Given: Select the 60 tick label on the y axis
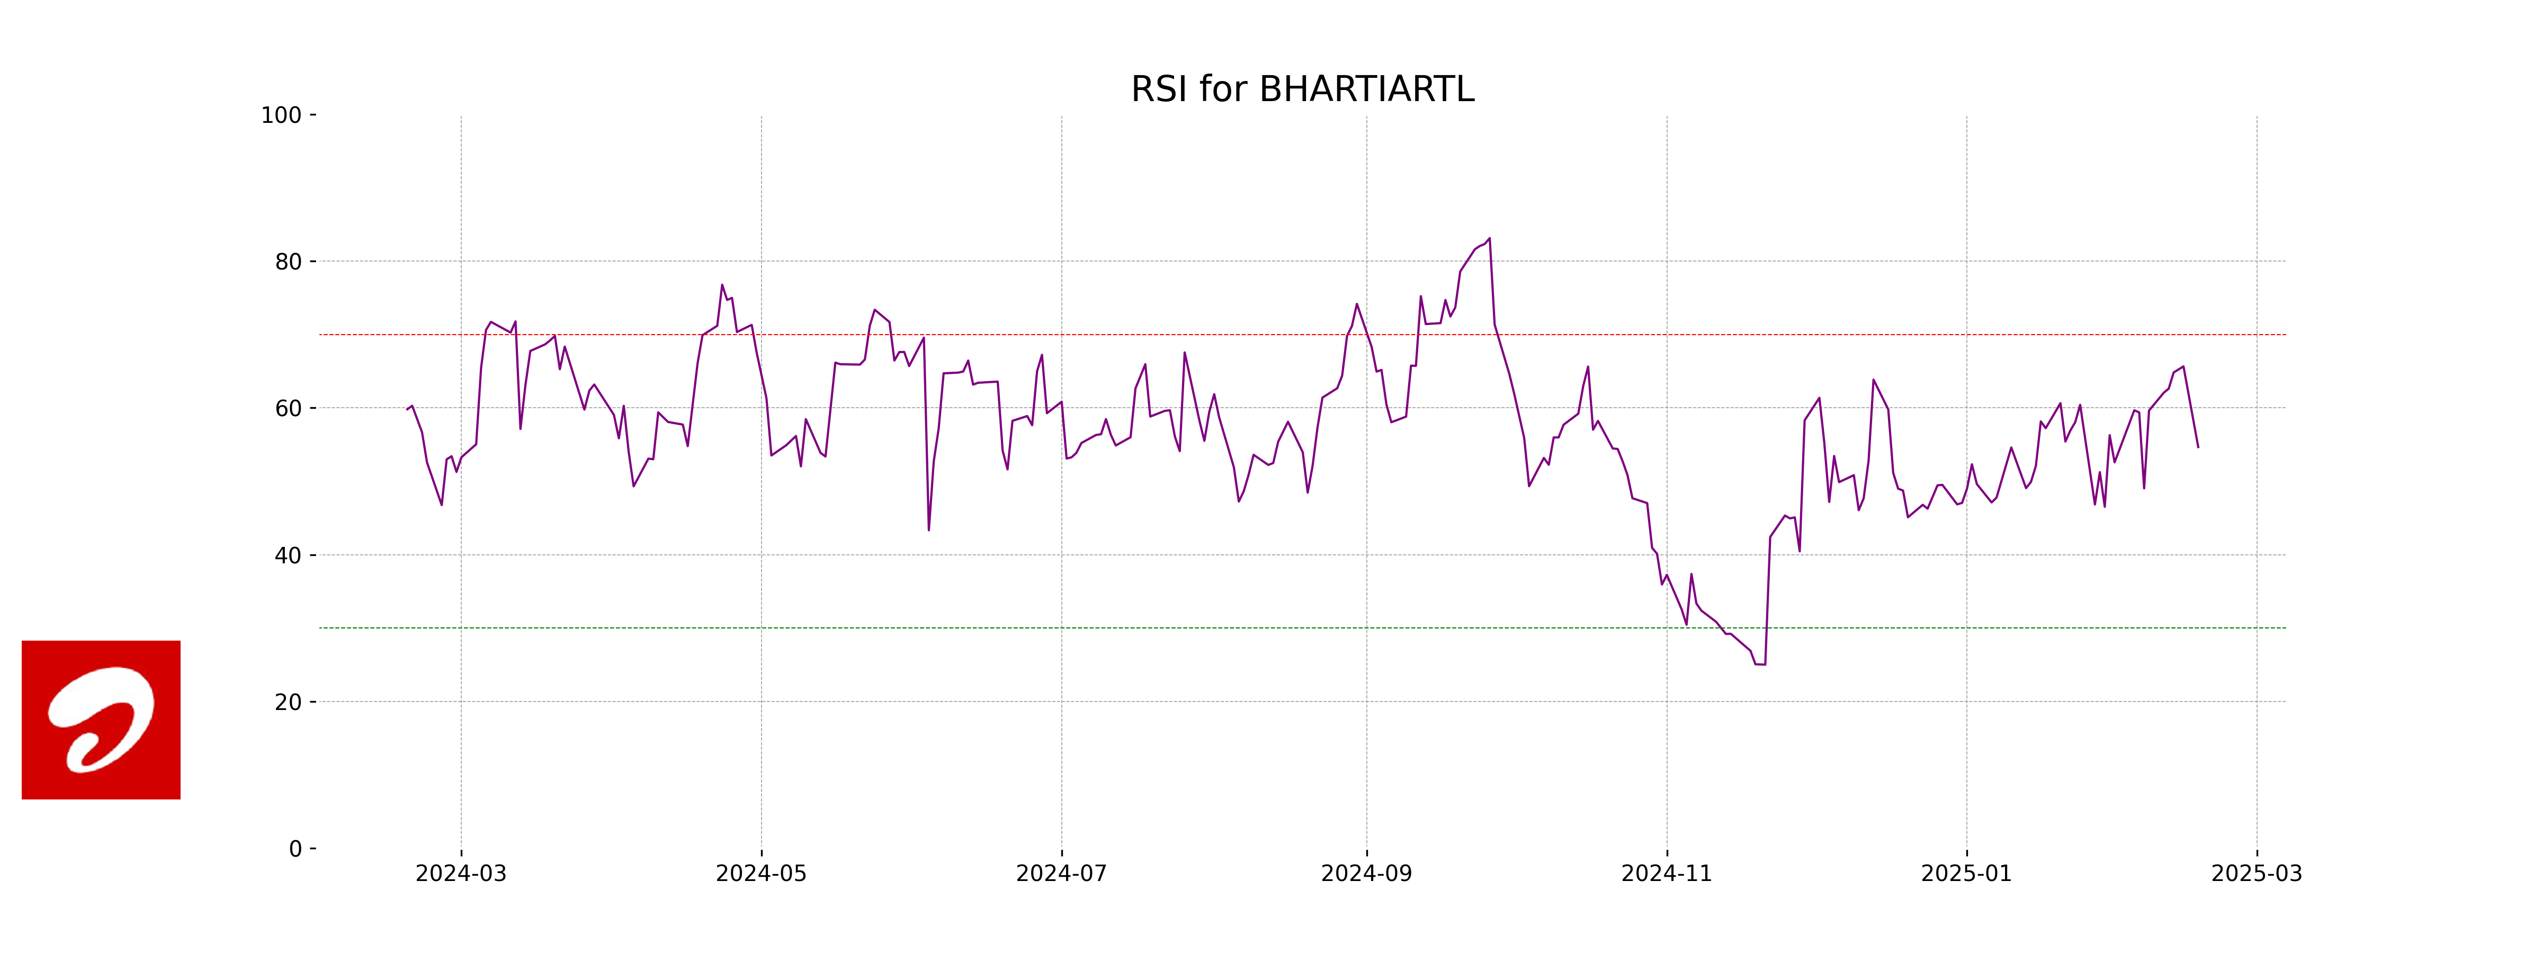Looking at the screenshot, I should [x=288, y=408].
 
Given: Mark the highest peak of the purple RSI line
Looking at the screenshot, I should [x=1489, y=239].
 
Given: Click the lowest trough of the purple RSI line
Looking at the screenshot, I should [x=1760, y=664].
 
